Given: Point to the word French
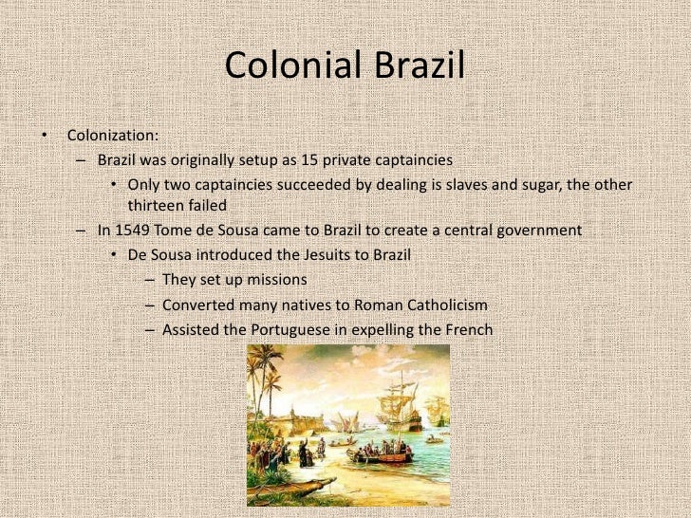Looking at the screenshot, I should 468,329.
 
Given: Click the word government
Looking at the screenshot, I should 541,231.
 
